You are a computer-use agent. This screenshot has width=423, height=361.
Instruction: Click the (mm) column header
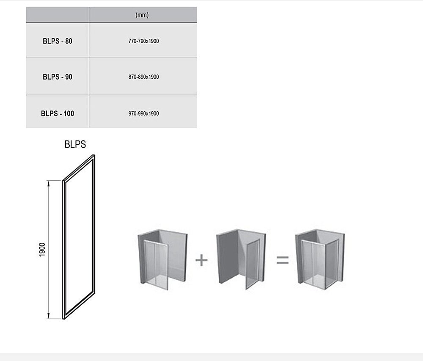142,15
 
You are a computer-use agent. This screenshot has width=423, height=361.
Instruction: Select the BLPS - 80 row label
58,41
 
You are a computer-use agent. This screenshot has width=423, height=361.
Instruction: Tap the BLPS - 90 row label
58,77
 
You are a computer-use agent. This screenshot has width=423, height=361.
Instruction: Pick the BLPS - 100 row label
58,113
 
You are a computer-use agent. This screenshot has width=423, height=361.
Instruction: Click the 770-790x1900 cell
143,41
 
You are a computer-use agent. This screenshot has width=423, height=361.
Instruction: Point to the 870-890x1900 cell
143,77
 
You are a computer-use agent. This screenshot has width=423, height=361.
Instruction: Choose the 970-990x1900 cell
143,113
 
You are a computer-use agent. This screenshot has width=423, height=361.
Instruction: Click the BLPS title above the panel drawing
75,144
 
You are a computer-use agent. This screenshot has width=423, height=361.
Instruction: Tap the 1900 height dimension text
42,250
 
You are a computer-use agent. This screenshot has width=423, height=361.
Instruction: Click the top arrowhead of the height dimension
49,184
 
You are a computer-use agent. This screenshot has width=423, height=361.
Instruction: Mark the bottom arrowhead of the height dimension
49,316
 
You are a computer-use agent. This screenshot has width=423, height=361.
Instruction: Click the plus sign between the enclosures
201,260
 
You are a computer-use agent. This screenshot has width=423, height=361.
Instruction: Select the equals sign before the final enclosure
283,260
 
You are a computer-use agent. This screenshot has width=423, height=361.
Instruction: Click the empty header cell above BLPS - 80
58,14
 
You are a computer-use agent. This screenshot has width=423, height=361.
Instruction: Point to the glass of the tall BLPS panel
79,237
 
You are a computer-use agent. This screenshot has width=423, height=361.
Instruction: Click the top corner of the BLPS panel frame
94,155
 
